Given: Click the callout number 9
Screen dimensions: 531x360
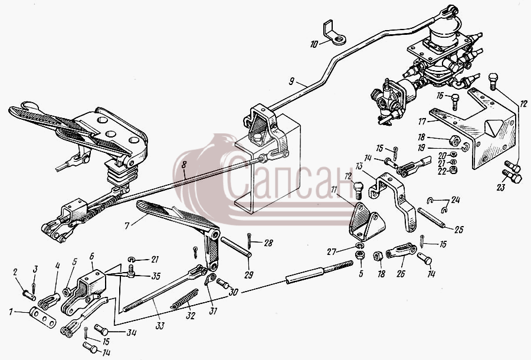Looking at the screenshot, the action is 291,81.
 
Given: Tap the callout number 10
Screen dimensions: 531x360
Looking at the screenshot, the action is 314,44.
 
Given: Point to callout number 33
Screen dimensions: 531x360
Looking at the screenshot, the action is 160,326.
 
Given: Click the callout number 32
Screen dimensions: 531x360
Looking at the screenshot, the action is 191,316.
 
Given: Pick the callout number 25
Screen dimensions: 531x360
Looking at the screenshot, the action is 459,230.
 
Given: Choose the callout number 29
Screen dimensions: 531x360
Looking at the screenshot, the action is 249,274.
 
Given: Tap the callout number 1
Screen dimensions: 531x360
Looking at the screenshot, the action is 11,312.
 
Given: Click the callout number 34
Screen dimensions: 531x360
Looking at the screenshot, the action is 132,333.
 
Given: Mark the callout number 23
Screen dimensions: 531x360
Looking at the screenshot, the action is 500,187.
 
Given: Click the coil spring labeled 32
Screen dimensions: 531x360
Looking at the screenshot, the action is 185,299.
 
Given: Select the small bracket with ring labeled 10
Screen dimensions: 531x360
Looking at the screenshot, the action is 335,33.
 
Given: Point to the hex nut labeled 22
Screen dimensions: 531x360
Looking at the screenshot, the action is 452,169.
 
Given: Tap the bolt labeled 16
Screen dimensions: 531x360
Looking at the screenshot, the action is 455,102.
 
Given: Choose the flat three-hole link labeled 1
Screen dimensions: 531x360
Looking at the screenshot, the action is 43,318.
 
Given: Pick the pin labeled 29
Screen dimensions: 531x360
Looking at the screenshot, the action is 236,247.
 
